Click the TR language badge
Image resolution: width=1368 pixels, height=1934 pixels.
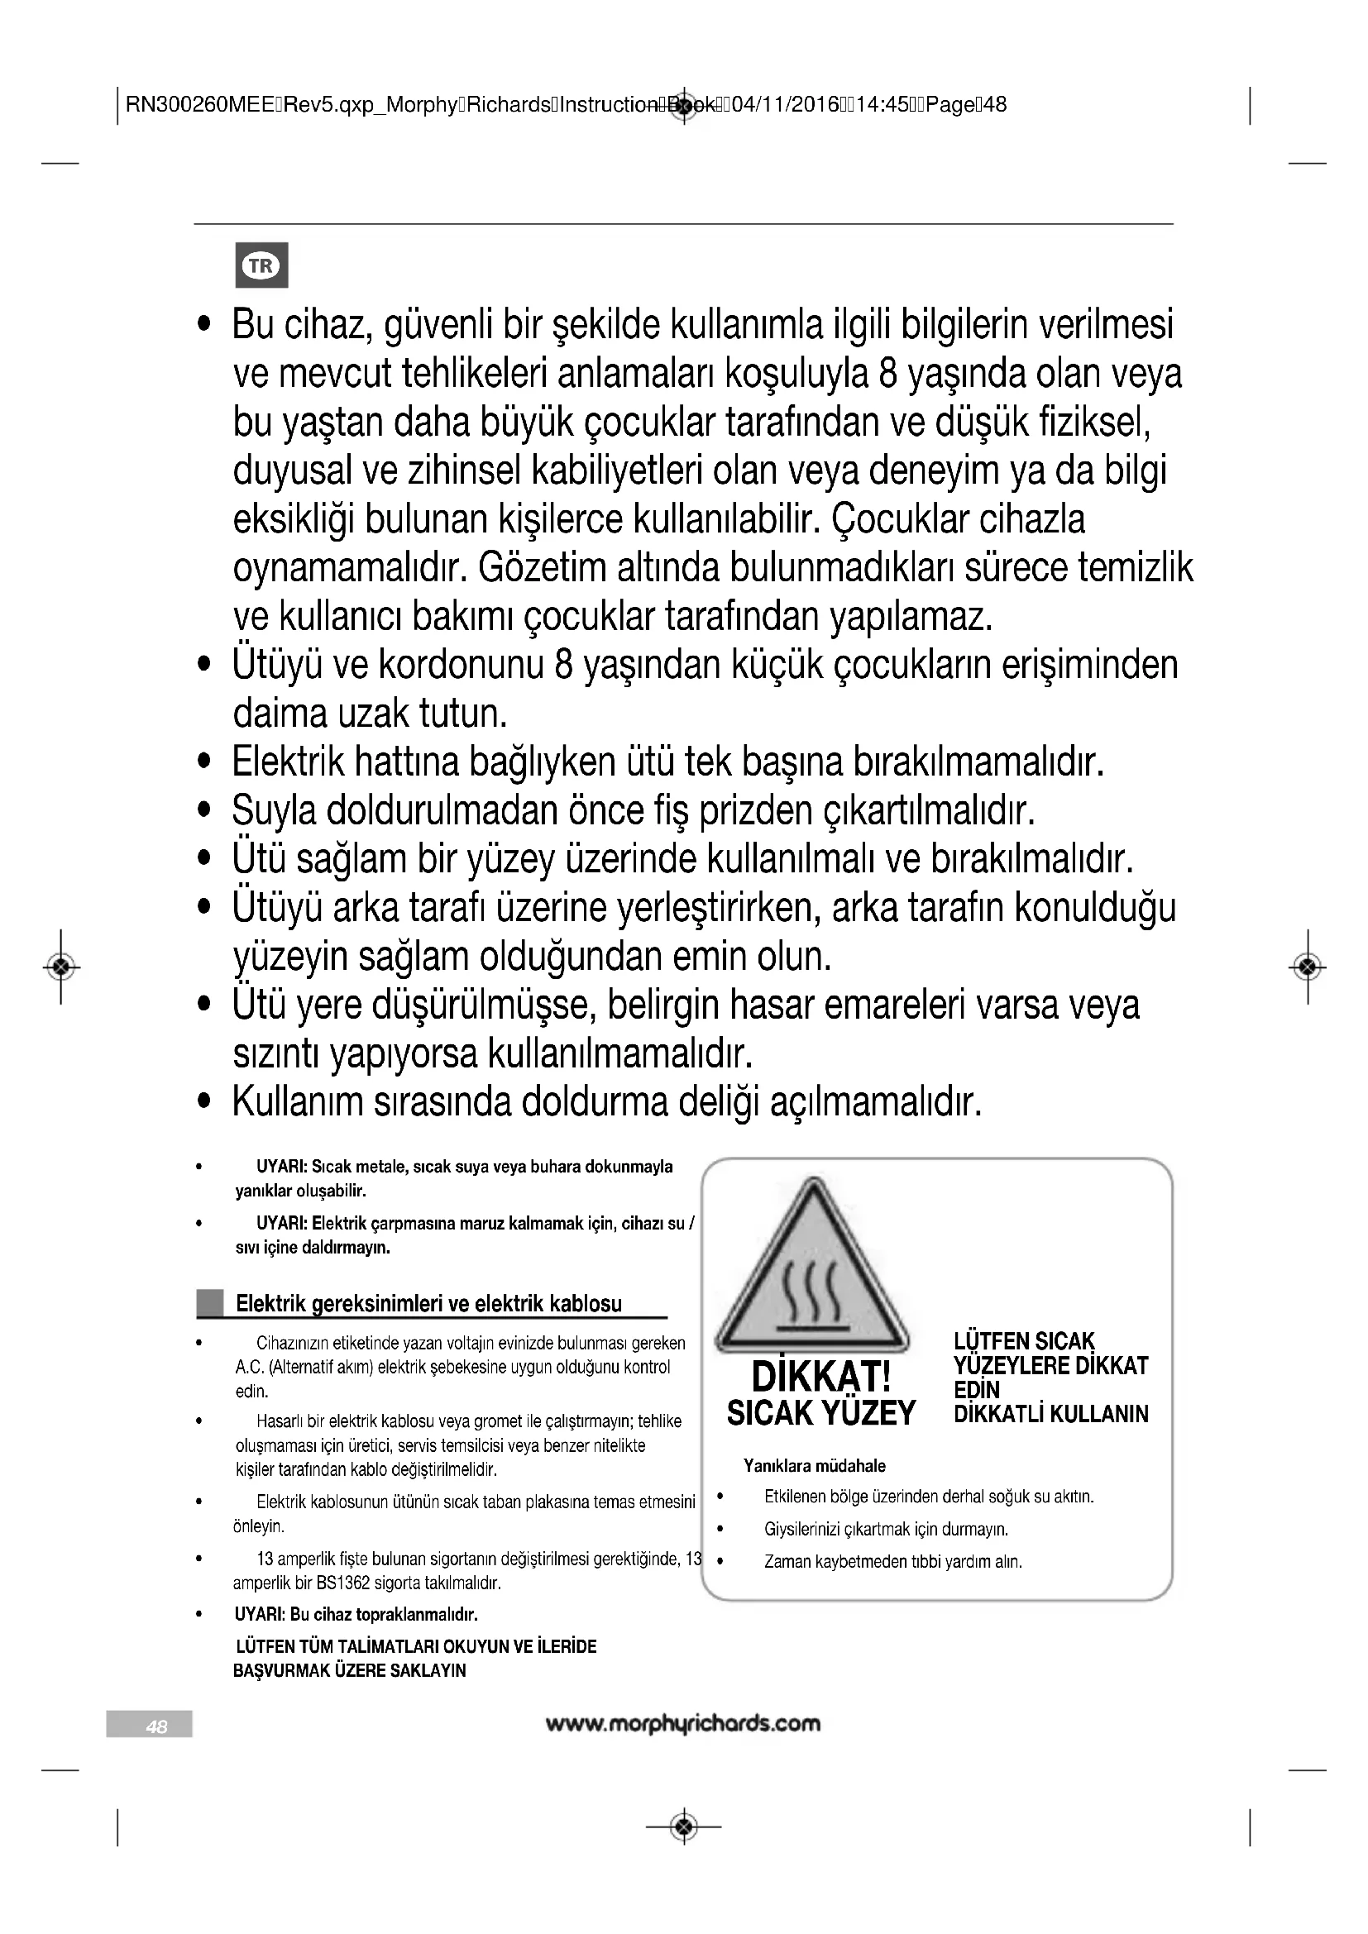261,265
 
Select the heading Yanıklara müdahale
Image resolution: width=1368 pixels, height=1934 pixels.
814,1466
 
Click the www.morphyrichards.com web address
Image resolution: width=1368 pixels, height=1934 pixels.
682,1723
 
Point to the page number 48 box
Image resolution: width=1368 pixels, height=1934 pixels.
150,1723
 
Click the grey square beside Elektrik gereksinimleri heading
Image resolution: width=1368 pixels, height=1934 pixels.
210,1303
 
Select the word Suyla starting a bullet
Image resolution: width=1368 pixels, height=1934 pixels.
274,811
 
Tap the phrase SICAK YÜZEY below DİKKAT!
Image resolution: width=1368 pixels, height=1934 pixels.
820,1412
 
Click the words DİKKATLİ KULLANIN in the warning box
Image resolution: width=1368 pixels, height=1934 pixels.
1050,1413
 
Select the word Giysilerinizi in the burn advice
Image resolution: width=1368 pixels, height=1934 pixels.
808,1529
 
